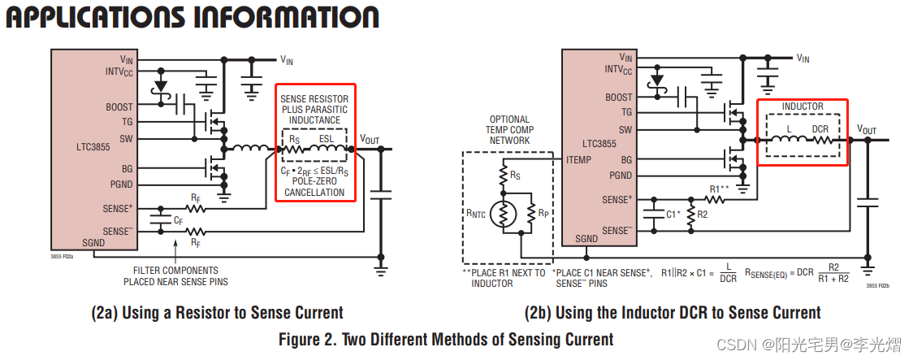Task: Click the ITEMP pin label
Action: pos(578,160)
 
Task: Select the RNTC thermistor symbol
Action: pos(503,214)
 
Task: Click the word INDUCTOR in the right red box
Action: pos(802,106)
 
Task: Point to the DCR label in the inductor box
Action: pos(820,128)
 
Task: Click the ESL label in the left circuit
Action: pos(327,138)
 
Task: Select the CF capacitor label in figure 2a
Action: pos(178,220)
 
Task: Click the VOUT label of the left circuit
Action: pos(369,139)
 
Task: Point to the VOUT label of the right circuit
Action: pos(867,129)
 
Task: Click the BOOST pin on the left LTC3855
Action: pos(119,106)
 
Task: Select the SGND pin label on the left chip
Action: pos(93,242)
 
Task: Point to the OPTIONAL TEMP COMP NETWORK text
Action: pos(508,130)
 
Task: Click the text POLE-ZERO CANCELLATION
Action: pos(314,187)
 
